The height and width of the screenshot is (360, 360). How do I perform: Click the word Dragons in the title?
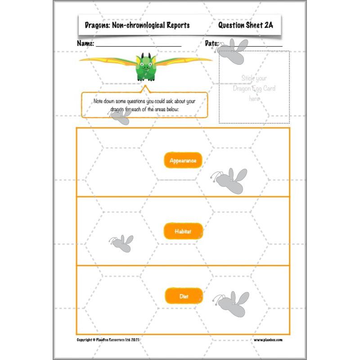[x=97, y=26]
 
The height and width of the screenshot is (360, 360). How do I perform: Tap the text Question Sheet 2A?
[x=245, y=25]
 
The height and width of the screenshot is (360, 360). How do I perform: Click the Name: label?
[x=85, y=44]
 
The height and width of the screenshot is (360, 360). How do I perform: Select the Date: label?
[x=211, y=44]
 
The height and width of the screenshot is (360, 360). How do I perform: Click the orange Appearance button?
[x=183, y=160]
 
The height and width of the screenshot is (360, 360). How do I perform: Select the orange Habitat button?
[x=183, y=231]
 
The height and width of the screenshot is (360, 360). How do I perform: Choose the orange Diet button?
[x=183, y=296]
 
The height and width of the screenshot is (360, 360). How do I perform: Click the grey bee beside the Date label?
[x=235, y=48]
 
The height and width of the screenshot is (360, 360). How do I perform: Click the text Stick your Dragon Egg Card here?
[x=254, y=88]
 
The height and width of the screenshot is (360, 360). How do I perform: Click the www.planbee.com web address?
[x=268, y=340]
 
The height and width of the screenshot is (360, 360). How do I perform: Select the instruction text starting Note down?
[x=144, y=105]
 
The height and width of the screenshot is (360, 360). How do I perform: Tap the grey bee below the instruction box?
[x=121, y=117]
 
